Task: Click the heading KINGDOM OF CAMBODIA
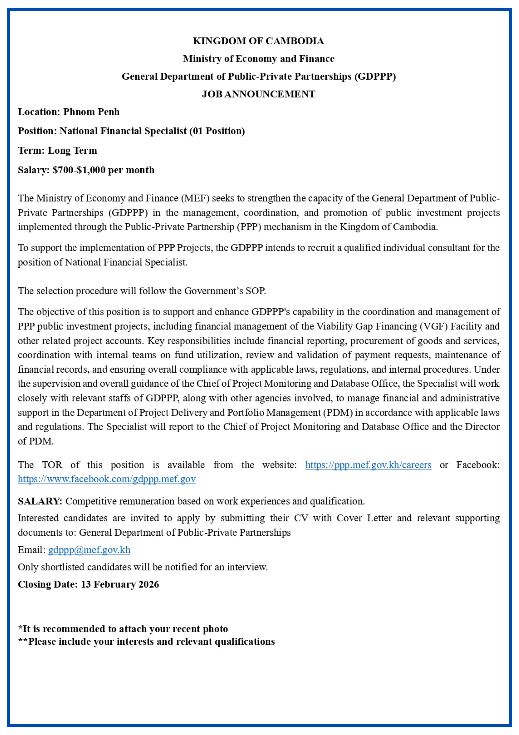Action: (258, 41)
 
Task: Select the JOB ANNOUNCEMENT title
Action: (258, 94)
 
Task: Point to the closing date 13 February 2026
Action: (120, 584)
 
